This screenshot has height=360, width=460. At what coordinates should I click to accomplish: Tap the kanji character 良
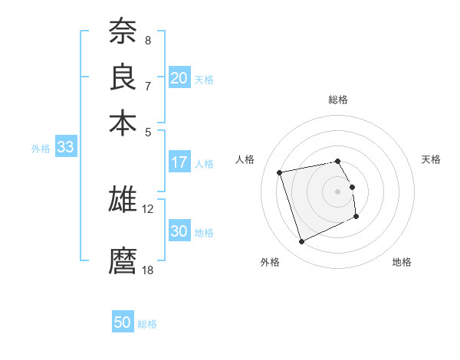[x=123, y=77]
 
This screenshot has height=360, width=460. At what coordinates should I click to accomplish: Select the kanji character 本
[x=123, y=123]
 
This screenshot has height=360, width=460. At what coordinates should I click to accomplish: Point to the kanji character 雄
[x=123, y=199]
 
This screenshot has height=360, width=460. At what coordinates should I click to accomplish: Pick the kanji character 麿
[x=123, y=260]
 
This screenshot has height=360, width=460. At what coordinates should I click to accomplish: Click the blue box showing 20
[x=179, y=78]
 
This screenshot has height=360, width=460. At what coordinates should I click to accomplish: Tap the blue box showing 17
[x=179, y=162]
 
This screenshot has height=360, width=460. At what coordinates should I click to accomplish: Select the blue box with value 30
[x=179, y=231]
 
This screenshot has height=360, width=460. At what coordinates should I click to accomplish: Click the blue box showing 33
[x=65, y=148]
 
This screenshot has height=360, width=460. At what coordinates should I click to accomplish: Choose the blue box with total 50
[x=123, y=322]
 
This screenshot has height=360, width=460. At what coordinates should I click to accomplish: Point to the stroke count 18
[x=148, y=270]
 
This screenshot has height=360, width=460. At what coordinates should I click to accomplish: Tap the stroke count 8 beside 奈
[x=148, y=40]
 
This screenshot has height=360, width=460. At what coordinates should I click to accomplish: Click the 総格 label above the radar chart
[x=338, y=100]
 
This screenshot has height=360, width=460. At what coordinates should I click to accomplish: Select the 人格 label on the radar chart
[x=245, y=159]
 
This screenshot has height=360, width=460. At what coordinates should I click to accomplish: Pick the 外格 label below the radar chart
[x=270, y=263]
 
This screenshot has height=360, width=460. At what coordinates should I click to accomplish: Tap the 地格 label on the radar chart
[x=402, y=263]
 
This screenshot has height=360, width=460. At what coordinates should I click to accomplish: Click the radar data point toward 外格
[x=301, y=242]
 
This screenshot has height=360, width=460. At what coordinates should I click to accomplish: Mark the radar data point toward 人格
[x=280, y=172]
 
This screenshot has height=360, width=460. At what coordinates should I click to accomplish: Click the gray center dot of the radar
[x=338, y=191]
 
